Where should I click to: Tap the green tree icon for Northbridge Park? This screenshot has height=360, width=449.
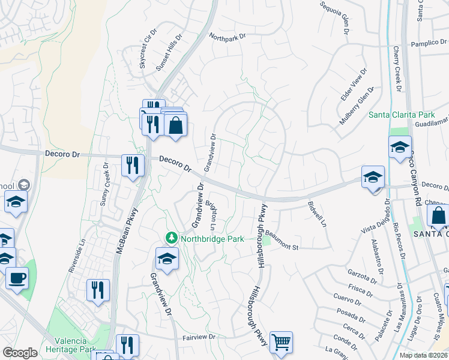171,238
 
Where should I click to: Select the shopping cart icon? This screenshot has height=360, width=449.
281,343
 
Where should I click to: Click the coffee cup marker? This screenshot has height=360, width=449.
17,278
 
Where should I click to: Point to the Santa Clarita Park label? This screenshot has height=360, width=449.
402,115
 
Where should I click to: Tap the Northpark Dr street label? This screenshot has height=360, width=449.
228,37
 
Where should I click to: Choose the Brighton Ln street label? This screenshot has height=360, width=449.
211,215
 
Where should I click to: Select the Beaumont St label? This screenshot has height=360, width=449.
282,244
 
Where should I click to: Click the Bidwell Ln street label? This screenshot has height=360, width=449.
316,214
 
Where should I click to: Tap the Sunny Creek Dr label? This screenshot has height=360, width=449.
105,183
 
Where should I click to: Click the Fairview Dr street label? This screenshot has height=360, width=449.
199,337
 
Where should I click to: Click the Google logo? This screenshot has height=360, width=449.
20,353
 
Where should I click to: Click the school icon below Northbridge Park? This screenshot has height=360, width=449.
167,259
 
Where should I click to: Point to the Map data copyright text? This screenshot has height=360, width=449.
423,355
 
